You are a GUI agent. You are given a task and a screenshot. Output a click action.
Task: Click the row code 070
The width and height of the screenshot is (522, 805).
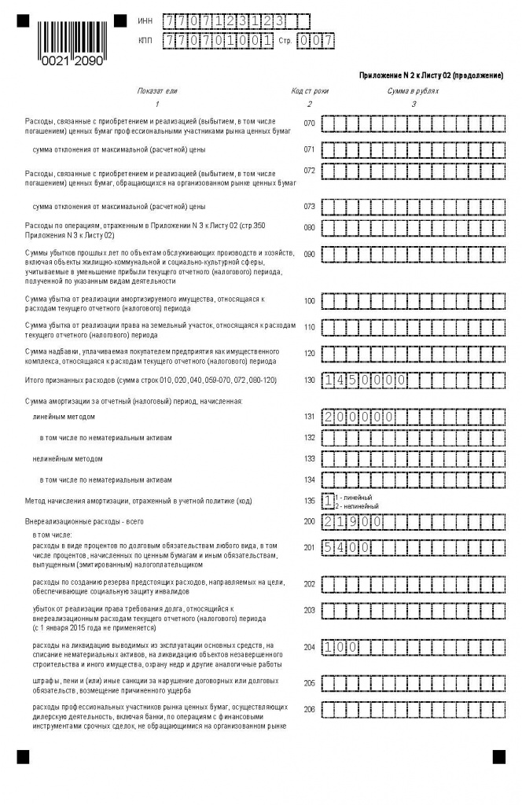click(309, 123)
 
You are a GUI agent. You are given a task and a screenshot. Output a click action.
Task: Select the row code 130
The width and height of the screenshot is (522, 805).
click(309, 380)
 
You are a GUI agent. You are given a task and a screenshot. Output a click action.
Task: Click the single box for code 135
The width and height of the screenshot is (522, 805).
click(328, 500)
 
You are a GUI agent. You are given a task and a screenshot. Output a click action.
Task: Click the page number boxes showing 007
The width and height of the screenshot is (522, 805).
click(316, 40)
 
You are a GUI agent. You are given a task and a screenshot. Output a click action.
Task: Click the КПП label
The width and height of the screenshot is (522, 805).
click(144, 39)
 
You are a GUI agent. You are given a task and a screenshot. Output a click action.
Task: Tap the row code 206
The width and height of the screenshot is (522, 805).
click(309, 710)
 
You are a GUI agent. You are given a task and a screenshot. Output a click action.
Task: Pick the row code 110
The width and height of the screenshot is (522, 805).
click(309, 327)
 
